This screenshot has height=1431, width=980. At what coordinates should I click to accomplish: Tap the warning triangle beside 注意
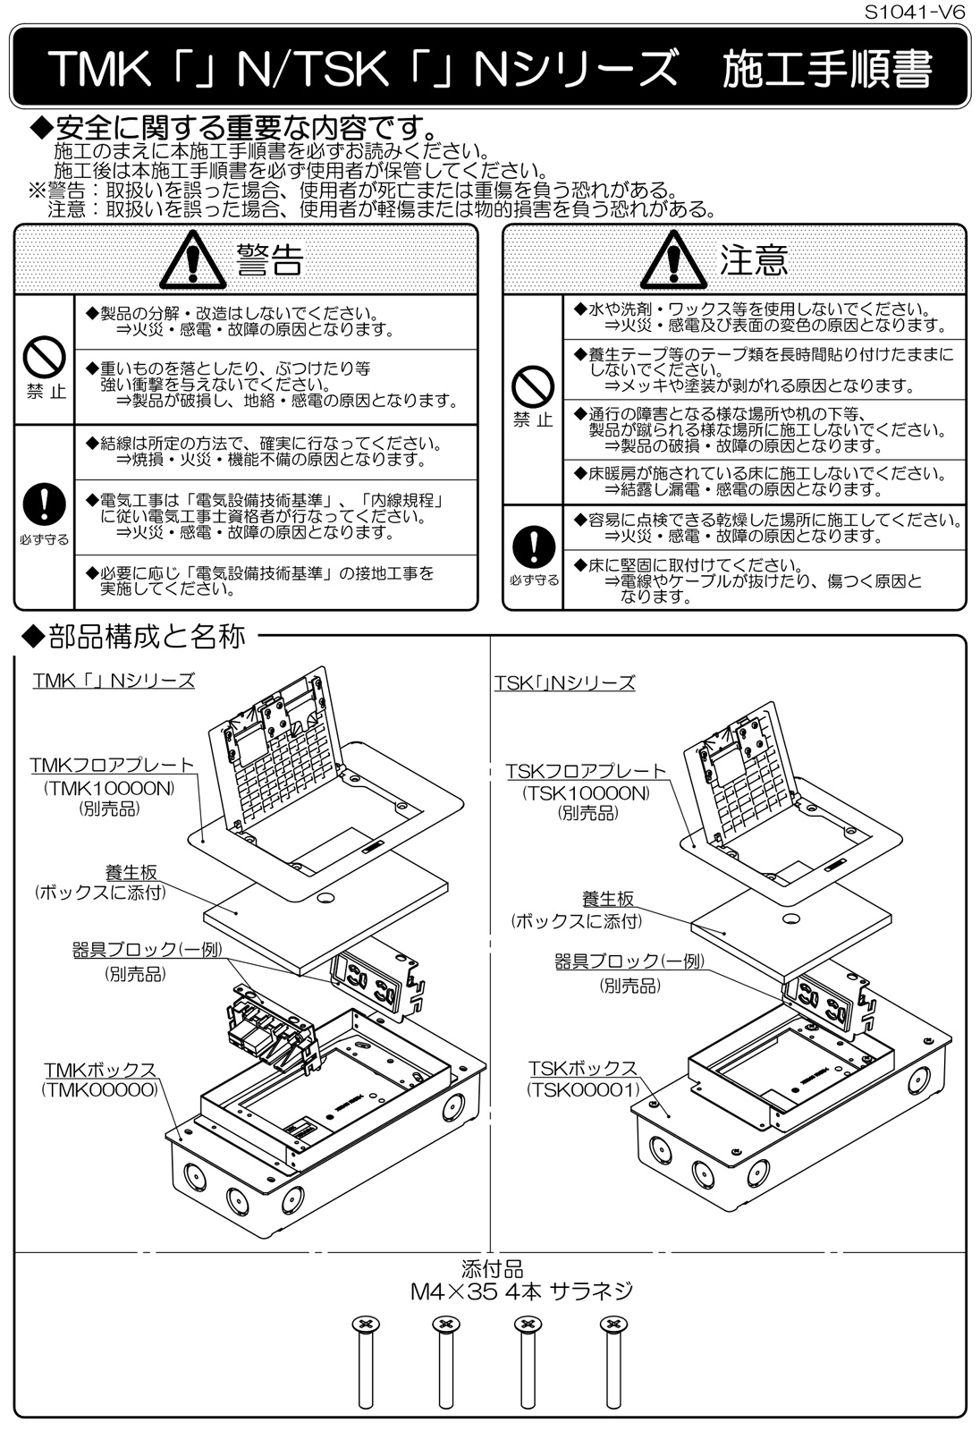tap(673, 260)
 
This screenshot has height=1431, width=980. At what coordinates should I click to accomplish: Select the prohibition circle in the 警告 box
tap(45, 360)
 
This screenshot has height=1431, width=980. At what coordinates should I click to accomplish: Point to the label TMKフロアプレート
tap(112, 766)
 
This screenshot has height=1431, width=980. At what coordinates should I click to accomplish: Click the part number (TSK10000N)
tap(587, 793)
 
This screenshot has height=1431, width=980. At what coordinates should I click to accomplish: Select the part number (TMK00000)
tap(99, 1090)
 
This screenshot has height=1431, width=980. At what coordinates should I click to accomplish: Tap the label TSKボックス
tap(582, 1069)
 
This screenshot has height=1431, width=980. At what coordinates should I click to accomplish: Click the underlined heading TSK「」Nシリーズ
tap(564, 683)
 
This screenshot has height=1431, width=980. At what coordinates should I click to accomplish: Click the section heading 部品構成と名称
tap(135, 637)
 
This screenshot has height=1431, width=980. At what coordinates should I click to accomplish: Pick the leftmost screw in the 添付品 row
tap(364, 1361)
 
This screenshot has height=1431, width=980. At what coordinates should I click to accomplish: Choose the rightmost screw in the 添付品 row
tap(612, 1361)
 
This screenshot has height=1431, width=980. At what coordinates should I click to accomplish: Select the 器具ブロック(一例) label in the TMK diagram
tap(148, 950)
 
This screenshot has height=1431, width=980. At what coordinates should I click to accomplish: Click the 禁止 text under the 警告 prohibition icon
tap(46, 393)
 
